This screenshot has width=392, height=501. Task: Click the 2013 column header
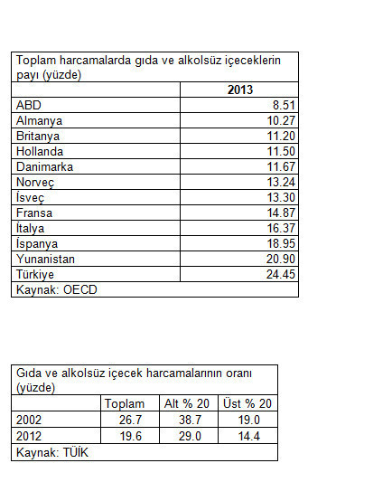239,90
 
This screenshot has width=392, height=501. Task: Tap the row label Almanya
40,119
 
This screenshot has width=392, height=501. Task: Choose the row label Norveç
36,182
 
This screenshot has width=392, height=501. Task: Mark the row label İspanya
38,244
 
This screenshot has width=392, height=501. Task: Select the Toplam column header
125,403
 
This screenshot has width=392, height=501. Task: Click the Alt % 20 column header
186,403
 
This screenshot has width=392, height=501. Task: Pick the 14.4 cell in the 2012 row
248,435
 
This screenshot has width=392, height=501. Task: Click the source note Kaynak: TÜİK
51,451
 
